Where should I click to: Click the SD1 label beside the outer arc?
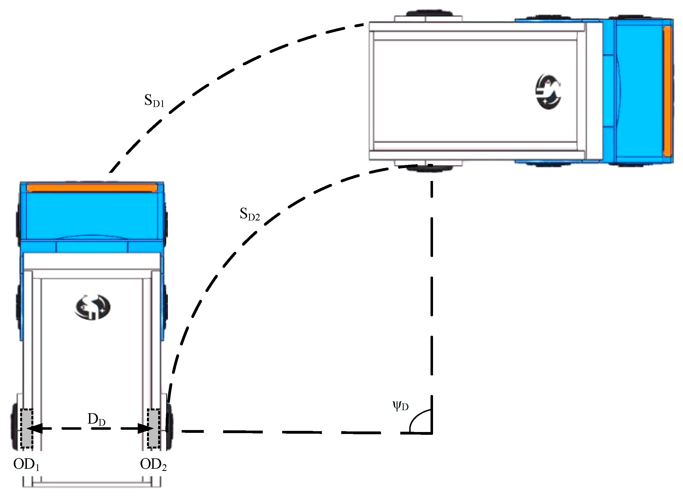tap(154, 101)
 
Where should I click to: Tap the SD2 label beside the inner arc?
tap(250, 214)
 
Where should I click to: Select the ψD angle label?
tap(401, 407)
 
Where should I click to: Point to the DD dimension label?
tap(96, 420)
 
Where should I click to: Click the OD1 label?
tap(26, 465)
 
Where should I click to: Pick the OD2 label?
tap(153, 465)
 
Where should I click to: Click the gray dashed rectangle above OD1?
tap(27, 428)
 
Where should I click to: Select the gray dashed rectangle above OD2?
tap(154, 428)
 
